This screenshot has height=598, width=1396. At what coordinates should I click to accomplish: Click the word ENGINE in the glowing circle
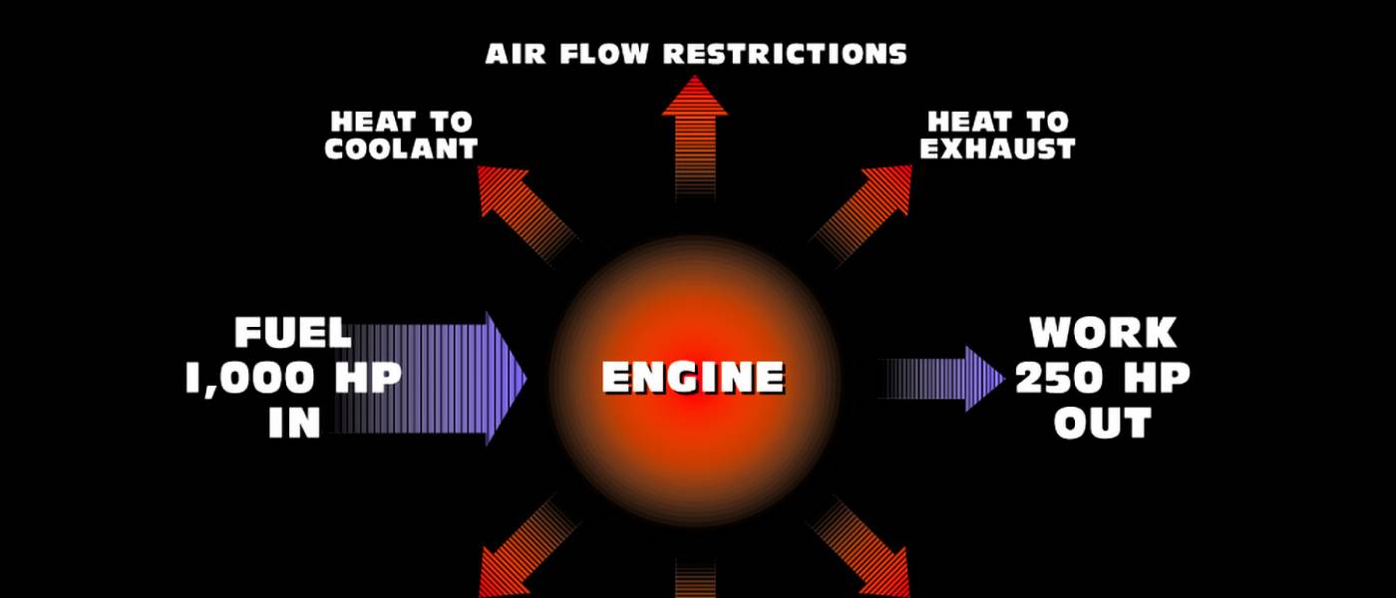tap(693, 378)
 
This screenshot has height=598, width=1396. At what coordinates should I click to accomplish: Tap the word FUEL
tap(292, 333)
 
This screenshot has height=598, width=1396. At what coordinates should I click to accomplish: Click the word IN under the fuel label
tap(294, 424)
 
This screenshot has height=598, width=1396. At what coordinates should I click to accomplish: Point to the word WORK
tap(1103, 333)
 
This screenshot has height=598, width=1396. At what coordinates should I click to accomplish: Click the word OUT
tap(1103, 424)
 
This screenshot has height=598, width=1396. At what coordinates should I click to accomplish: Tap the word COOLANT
tap(401, 149)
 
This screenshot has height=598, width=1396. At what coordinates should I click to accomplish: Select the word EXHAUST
tap(997, 149)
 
